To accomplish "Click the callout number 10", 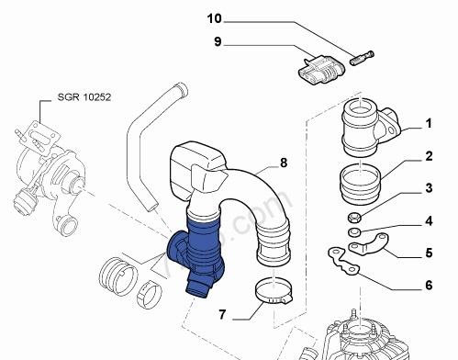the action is click(214, 18).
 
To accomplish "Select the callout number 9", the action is click(218, 42).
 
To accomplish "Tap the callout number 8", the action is click(284, 163).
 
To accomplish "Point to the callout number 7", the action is click(222, 314).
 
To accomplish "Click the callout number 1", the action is click(429, 124).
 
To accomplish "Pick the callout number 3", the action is click(429, 188).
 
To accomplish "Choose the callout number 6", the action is click(429, 286).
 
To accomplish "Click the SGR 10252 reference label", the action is click(84, 97).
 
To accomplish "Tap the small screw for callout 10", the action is click(362, 58).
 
